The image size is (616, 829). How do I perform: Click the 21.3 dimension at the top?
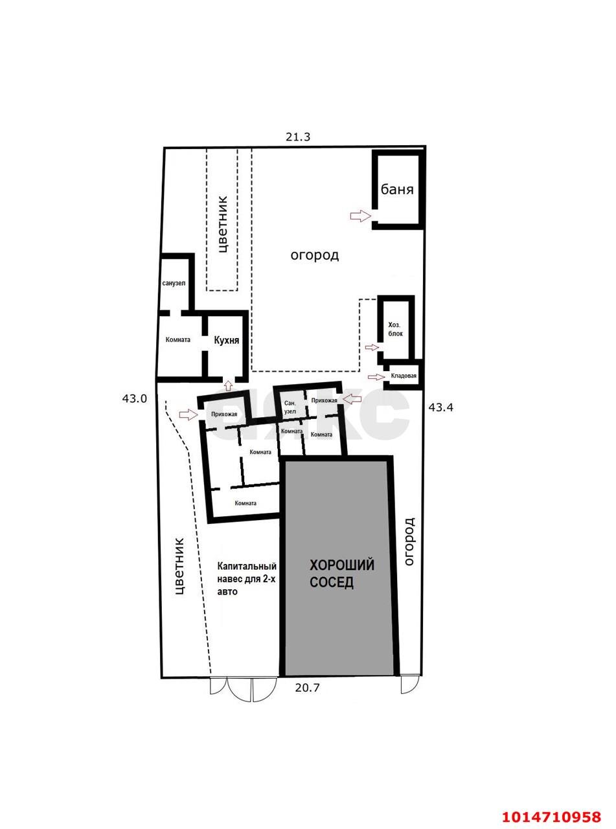coord(298,137)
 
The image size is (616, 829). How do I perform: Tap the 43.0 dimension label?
coord(135,399)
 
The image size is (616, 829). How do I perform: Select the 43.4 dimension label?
coord(440,407)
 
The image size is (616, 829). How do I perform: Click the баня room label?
coord(397,190)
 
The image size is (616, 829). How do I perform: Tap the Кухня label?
coord(226,341)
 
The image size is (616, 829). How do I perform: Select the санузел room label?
coord(174,283)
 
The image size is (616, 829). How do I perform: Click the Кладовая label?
coord(404,376)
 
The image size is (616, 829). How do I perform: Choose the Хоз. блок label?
coord(396,329)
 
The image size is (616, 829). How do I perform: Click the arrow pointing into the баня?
coord(360,216)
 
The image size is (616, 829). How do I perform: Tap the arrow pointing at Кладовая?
coord(376,376)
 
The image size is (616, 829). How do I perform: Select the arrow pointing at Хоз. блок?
coord(372,348)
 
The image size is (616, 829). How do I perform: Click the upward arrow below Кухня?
coord(228,384)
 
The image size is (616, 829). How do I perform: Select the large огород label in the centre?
coord(315,255)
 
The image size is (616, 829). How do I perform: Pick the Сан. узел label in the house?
coord(290,407)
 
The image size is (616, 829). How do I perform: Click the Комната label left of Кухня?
coord(178,340)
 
